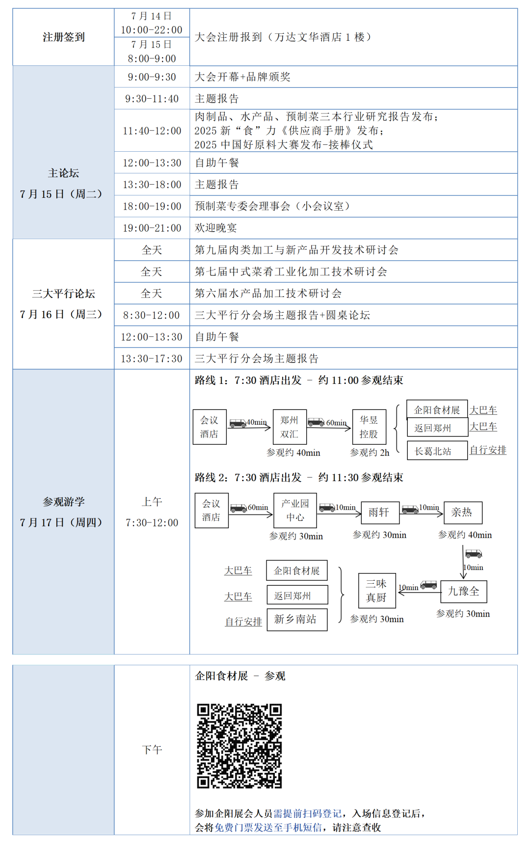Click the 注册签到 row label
tap(63, 37)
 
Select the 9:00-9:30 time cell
tap(152, 77)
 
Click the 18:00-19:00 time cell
tap(152, 206)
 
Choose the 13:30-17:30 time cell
tap(152, 359)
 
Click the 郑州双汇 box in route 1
tap(290, 427)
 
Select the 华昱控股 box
tap(369, 427)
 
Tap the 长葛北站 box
tap(437, 451)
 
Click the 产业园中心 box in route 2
tap(295, 511)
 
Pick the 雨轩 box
tap(379, 513)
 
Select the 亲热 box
tap(462, 513)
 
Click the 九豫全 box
tap(464, 591)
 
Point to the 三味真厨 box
tap(376, 591)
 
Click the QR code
tap(239, 746)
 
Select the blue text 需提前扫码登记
tap(307, 814)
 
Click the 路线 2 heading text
tap(211, 478)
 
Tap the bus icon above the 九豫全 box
tap(474, 554)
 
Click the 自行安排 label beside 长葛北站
tap(488, 450)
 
